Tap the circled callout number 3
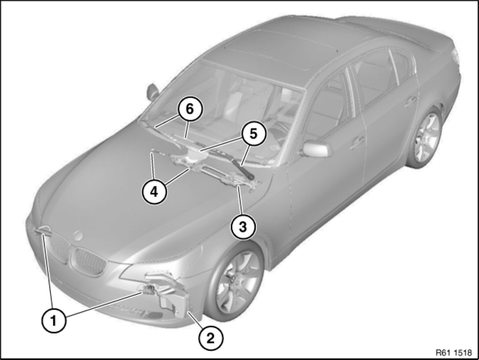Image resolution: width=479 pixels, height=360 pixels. (243, 227)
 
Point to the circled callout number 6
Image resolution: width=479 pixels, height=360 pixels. (190, 109)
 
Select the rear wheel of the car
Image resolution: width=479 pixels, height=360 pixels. (423, 138)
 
